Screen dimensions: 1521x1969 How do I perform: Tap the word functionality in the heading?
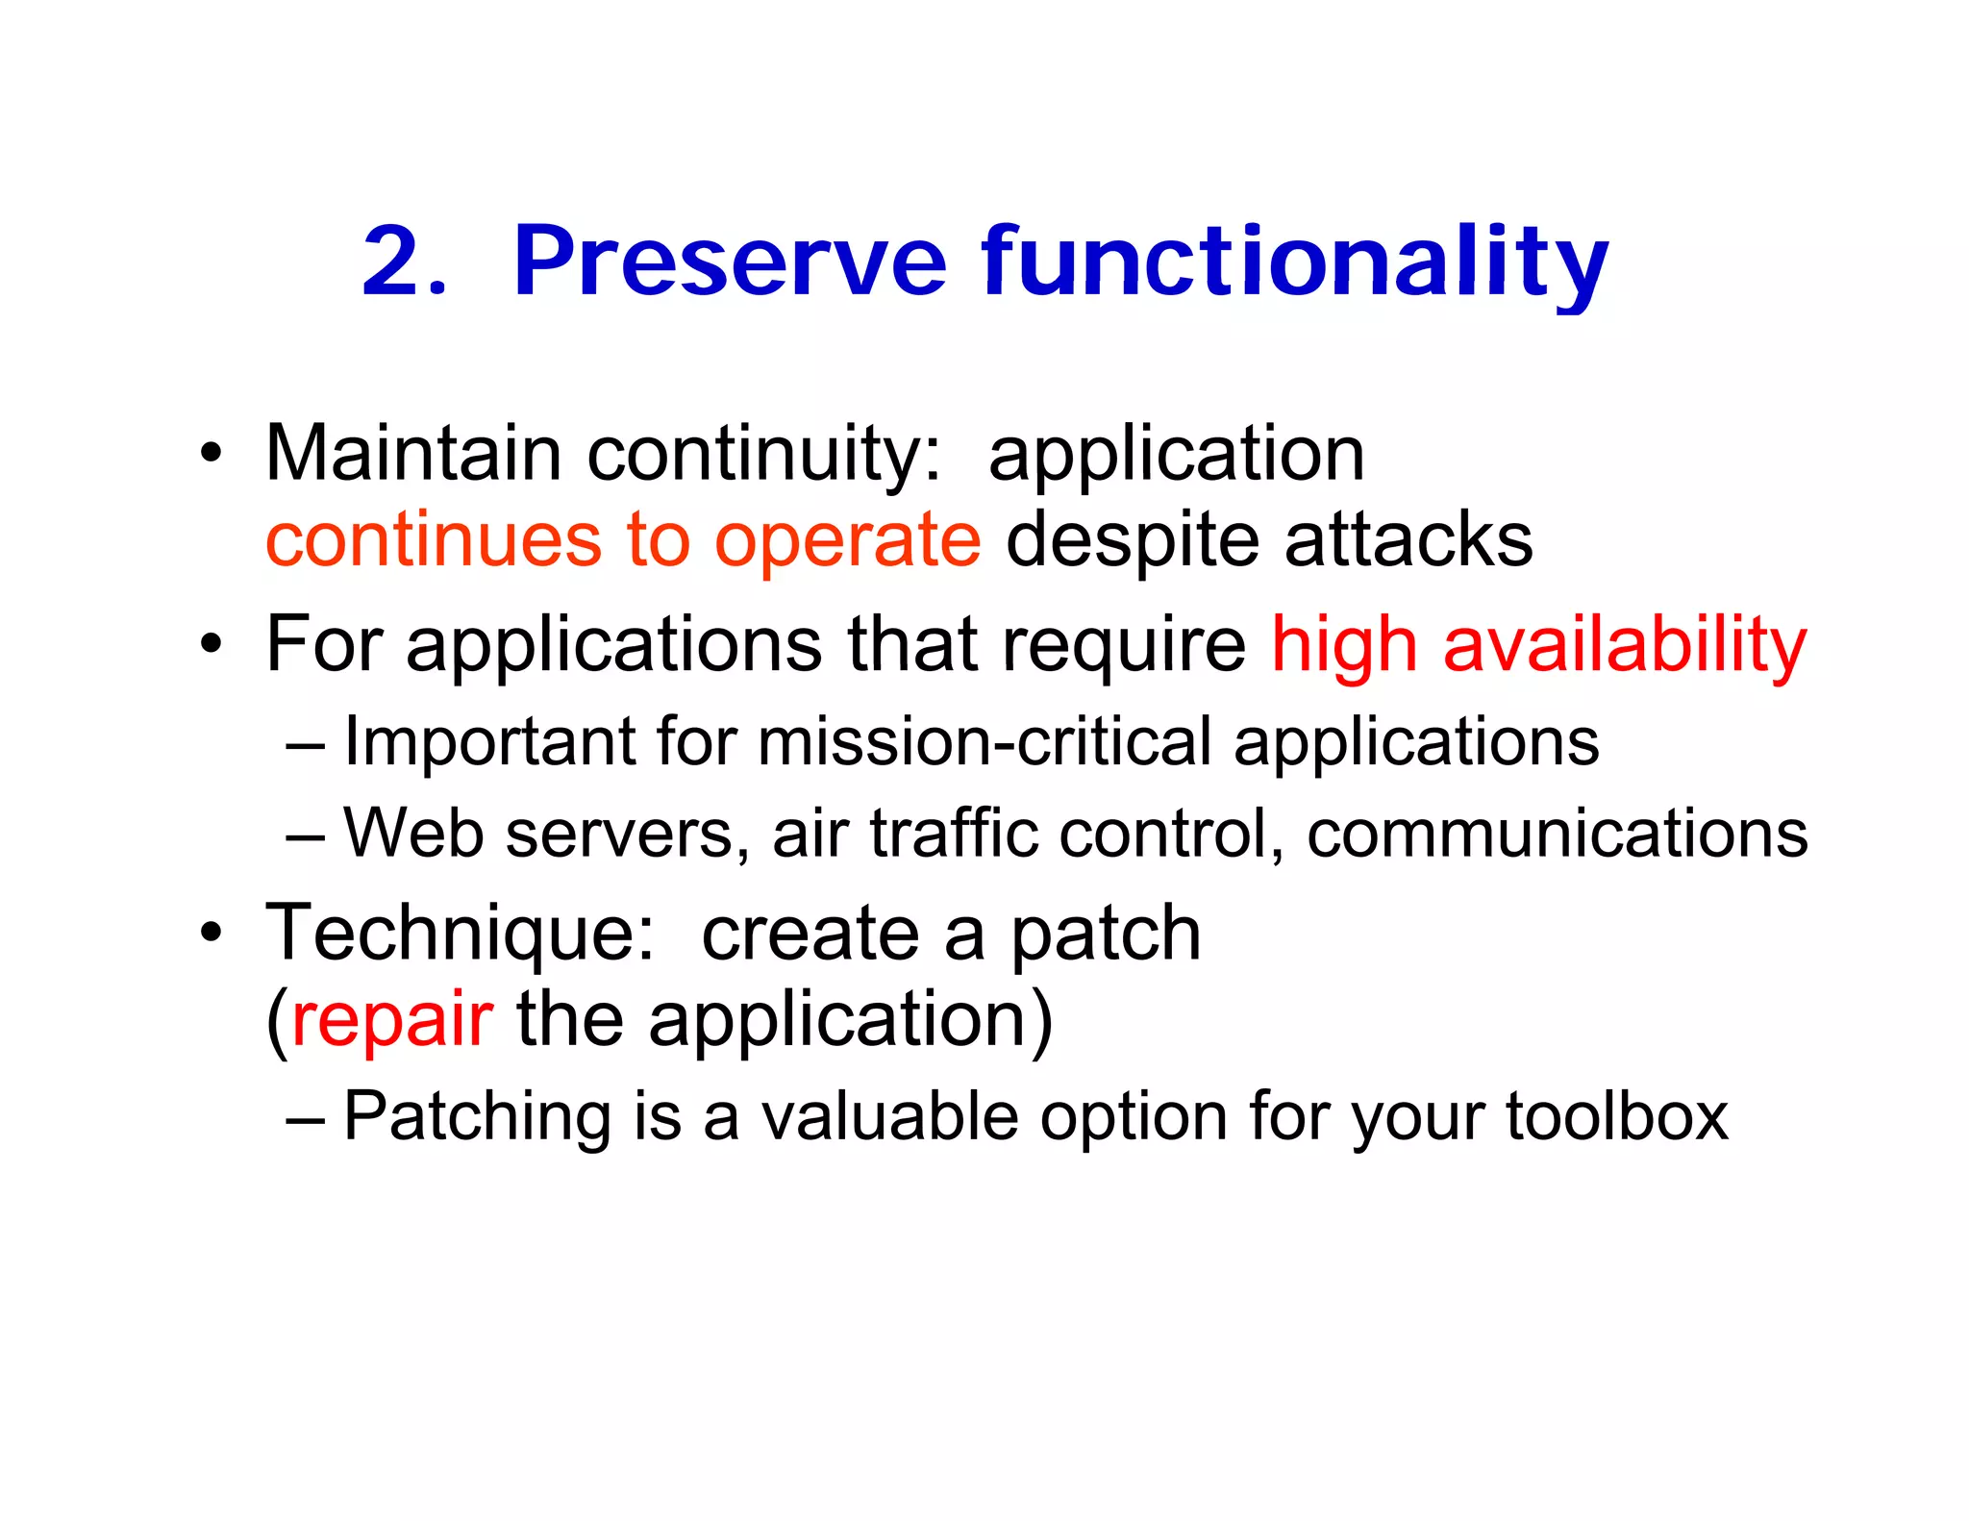point(1294,262)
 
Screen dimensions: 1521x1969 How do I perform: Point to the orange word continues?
point(434,540)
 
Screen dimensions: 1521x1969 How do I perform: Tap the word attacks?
point(1408,540)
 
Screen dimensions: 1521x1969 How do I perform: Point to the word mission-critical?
point(984,742)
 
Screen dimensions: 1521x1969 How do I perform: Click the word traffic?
point(953,833)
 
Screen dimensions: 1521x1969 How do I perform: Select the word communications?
point(1557,833)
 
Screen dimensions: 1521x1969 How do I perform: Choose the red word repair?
point(391,1022)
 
